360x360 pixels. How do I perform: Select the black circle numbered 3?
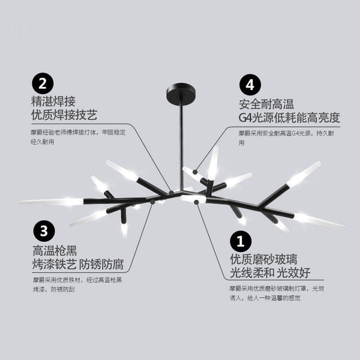(44, 229)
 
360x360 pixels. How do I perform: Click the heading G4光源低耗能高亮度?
(289, 117)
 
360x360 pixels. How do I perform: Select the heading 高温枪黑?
(55, 250)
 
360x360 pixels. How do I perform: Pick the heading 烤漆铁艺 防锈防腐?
(82, 264)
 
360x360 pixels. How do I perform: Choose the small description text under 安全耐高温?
(286, 137)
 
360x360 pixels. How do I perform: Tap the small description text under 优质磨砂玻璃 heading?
(277, 293)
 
